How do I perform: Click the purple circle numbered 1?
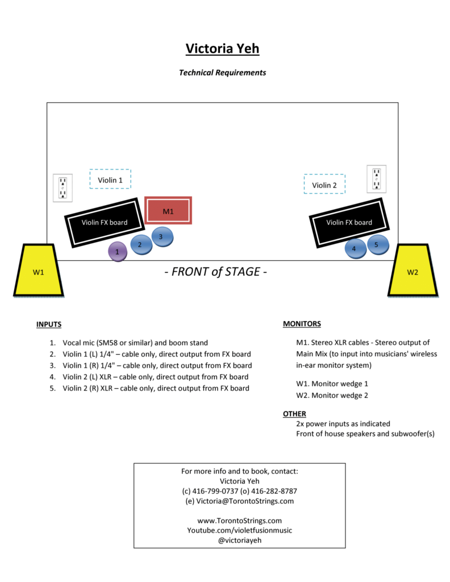tap(117, 251)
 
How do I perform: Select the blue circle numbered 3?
tap(161, 236)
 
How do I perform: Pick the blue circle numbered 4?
tap(355, 248)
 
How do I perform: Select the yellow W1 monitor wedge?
tap(38, 271)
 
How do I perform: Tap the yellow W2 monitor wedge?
tap(413, 271)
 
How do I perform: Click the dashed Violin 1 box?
tap(110, 180)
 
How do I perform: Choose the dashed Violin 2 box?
tap(324, 185)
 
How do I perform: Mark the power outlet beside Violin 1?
tap(63, 188)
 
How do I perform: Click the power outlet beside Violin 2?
tap(376, 179)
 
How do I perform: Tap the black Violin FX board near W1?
tap(104, 222)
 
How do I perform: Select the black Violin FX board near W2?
tap(349, 222)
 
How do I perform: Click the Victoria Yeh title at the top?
tap(222, 49)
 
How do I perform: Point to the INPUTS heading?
tap(49, 325)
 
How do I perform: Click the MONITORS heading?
tap(302, 324)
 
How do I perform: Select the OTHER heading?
tap(294, 414)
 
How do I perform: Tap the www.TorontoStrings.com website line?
tap(239, 521)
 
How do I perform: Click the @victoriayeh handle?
tap(239, 541)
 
